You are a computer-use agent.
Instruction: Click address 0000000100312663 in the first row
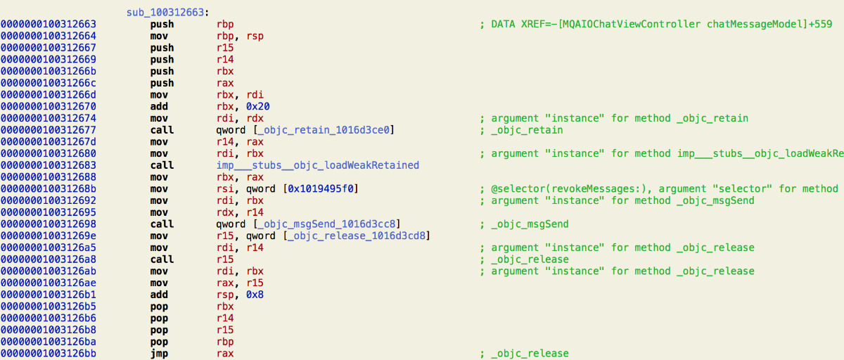49,24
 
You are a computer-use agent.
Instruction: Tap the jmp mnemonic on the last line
159,353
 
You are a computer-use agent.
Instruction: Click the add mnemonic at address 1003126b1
159,295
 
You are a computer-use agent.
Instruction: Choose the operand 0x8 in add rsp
255,295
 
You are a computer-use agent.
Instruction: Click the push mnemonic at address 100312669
162,59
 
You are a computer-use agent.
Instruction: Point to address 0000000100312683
49,165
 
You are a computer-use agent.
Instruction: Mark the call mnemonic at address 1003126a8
162,259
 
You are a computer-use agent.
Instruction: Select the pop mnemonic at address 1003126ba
159,342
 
